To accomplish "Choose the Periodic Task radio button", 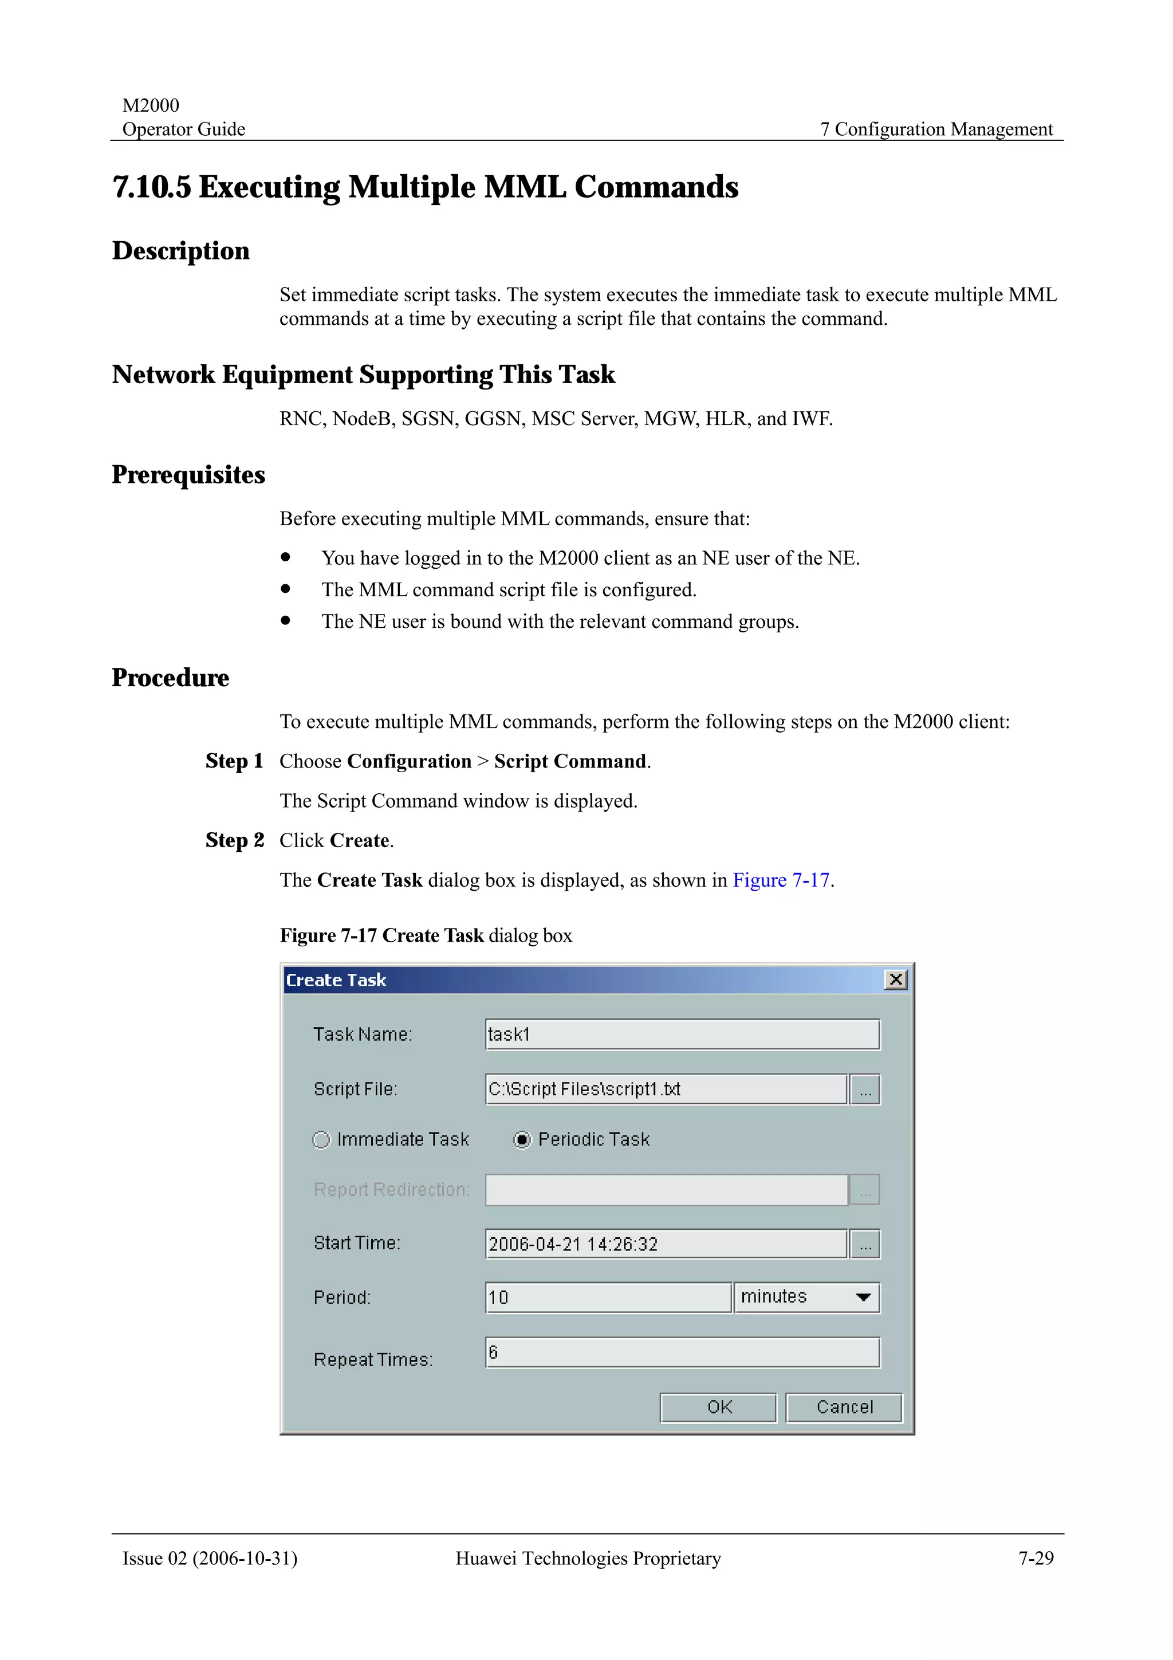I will click(x=522, y=1139).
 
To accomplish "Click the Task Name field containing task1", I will click(x=682, y=1034).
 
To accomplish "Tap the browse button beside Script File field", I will click(x=865, y=1089).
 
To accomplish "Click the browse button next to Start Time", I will click(x=865, y=1244).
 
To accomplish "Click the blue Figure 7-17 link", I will click(x=781, y=880).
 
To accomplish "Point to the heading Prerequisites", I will click(x=188, y=474).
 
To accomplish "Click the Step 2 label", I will click(x=234, y=840).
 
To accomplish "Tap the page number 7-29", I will click(x=1036, y=1558).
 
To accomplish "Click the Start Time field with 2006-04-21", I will click(x=665, y=1244).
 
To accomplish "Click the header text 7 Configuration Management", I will click(x=936, y=129).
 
